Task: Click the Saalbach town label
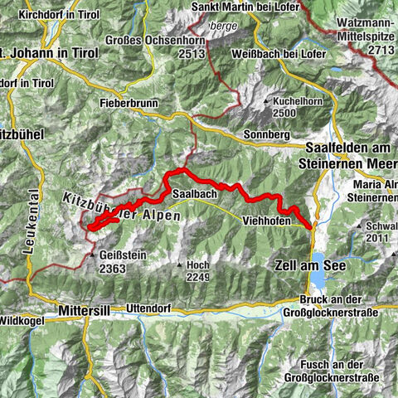(195, 192)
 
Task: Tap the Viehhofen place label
(266, 221)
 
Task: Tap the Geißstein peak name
(117, 255)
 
